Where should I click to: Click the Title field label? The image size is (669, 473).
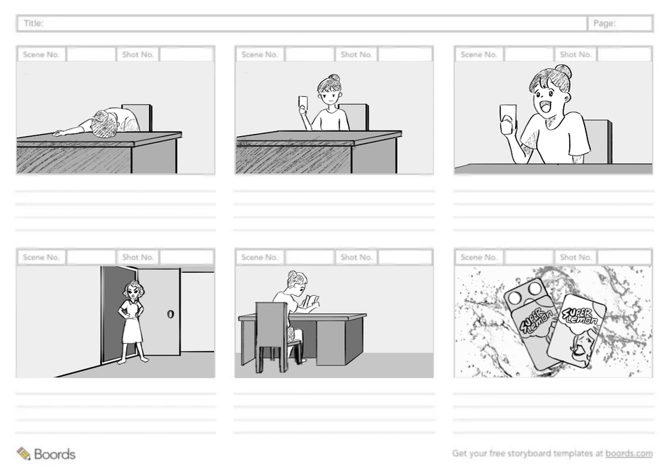click(33, 23)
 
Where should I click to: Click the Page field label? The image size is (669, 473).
click(604, 24)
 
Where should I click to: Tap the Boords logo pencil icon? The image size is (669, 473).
click(24, 453)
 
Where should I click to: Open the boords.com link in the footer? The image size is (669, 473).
click(629, 453)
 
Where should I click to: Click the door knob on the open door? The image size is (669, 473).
click(170, 314)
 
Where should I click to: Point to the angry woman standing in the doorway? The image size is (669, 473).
click(132, 322)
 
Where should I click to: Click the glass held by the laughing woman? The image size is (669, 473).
click(508, 119)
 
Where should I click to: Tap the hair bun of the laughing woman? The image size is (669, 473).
click(563, 72)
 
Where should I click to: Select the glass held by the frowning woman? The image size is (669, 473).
click(303, 104)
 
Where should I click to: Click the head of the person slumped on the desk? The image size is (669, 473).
click(105, 124)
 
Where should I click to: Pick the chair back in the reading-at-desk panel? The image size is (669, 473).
click(271, 324)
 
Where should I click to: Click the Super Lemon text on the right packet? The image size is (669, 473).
click(581, 315)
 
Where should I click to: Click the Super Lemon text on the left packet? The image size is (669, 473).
click(537, 322)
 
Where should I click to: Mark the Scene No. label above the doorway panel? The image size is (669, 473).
click(41, 257)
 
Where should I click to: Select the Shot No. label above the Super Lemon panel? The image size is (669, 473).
click(576, 257)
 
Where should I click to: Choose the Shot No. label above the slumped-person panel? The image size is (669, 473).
click(138, 54)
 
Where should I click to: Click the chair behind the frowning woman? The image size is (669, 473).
click(354, 117)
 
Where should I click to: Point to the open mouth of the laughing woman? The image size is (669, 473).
click(543, 105)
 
